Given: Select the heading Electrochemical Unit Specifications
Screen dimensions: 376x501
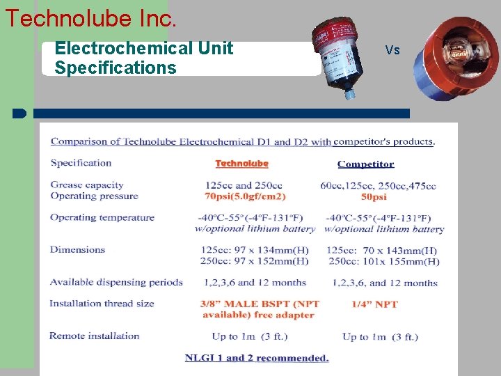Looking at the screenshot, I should point(143,58).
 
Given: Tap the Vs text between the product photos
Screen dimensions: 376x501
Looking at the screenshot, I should point(392,50).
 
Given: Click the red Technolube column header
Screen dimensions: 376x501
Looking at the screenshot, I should point(241,164).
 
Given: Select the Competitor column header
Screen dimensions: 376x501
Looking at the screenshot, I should point(365,164).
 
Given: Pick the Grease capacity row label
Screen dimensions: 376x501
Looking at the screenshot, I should point(87,185).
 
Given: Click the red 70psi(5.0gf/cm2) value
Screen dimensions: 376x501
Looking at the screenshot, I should point(246,196).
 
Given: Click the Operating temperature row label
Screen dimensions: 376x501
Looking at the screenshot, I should point(102,217).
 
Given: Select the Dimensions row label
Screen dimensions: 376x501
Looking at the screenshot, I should point(77,249).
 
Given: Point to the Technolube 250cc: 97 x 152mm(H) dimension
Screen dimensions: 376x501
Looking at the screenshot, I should point(254,261).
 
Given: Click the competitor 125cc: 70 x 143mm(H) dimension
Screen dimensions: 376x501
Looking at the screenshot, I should point(381,250).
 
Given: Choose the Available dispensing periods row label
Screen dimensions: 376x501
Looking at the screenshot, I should point(116,282).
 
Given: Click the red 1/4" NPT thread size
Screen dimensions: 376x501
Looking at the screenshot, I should point(375,304).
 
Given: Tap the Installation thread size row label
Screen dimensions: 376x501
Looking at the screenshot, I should point(102,304).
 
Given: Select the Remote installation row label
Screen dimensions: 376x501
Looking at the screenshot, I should point(95,336).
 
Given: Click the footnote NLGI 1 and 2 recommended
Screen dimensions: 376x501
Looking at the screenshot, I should point(257,358).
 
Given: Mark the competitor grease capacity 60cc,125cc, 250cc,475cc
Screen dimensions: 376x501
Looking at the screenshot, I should point(378,186).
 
